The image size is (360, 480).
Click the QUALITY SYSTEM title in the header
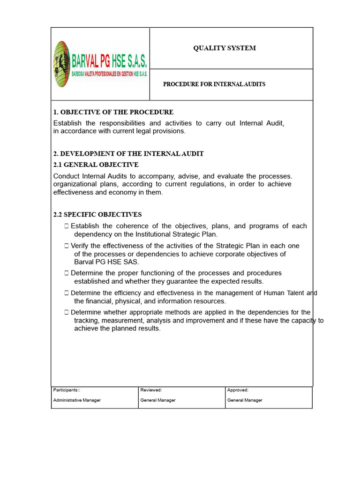click(x=225, y=48)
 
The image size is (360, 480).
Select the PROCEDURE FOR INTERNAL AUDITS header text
click(x=214, y=84)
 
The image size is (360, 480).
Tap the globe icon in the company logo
click(x=61, y=64)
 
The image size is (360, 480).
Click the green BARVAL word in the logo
click(x=88, y=61)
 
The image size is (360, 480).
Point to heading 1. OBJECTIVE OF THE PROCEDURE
click(x=113, y=112)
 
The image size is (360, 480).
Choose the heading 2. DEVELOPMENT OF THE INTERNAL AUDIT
click(x=128, y=154)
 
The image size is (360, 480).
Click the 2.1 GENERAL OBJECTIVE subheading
click(x=96, y=165)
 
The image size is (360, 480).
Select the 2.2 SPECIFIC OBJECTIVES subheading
click(x=97, y=215)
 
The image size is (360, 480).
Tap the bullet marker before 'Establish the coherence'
click(x=67, y=226)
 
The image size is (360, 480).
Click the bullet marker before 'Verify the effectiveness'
click(x=67, y=246)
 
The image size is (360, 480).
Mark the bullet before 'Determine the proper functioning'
click(x=67, y=273)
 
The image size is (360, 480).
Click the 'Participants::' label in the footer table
click(x=67, y=390)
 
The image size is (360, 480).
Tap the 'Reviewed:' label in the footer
click(x=151, y=390)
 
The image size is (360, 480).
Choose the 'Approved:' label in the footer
click(x=238, y=390)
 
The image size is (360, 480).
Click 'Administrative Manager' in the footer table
click(x=77, y=400)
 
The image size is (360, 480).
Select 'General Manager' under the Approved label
click(x=245, y=400)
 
